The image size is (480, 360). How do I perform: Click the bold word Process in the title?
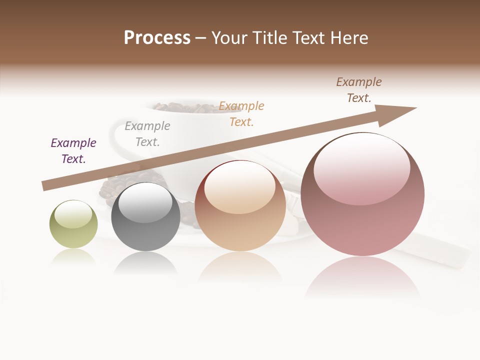[157, 38]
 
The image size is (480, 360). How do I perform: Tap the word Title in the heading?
[269, 38]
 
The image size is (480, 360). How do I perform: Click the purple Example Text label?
[73, 151]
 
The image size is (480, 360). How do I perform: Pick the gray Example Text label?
[147, 134]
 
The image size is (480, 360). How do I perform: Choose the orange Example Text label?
[241, 114]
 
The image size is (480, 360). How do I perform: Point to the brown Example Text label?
[359, 90]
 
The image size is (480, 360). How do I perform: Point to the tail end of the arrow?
[46, 186]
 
